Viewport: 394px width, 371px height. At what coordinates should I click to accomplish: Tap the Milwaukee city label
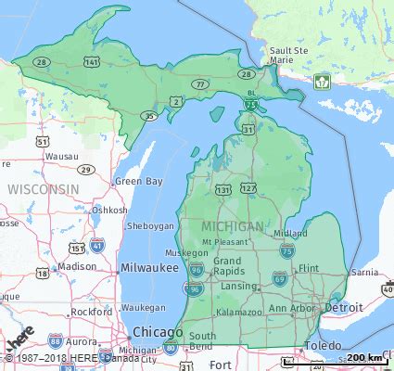pos(149,267)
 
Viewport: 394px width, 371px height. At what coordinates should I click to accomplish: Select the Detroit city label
pos(343,306)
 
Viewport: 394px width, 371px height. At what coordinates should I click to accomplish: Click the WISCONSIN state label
pos(43,188)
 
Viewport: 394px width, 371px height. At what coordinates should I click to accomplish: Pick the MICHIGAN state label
pos(233,226)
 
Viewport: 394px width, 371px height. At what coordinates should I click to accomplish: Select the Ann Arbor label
pos(290,307)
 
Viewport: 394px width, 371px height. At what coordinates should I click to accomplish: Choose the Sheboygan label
pos(149,225)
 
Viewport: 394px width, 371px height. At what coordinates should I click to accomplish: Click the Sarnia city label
pos(364,273)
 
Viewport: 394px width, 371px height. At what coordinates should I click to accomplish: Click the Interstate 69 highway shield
pos(279,277)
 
